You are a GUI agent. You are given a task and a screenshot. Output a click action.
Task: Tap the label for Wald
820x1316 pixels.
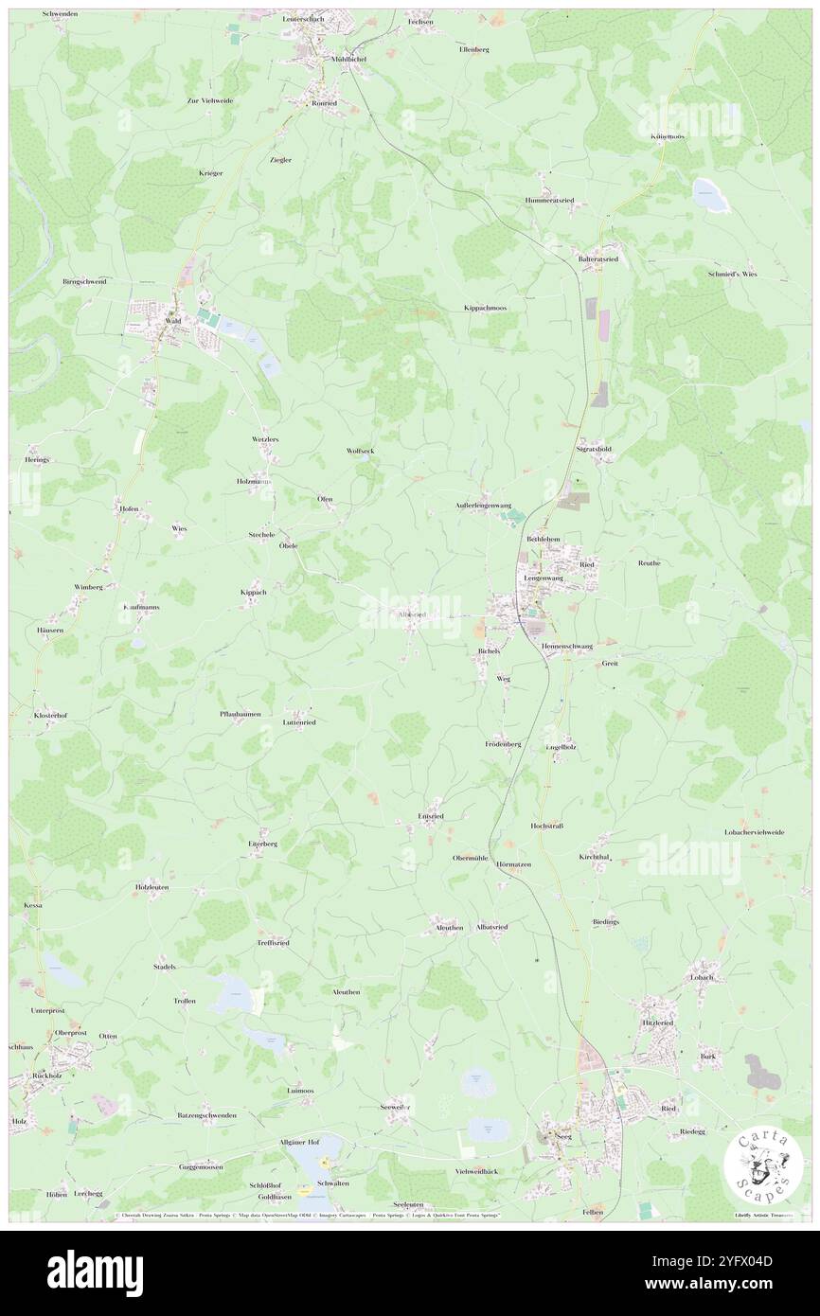[173, 321]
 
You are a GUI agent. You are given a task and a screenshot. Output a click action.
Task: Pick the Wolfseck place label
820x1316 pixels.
[360, 452]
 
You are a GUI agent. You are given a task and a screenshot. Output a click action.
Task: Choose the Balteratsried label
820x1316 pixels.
[598, 258]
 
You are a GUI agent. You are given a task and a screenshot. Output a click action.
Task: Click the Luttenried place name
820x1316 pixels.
[299, 721]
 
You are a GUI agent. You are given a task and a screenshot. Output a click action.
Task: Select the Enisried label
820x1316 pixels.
[430, 815]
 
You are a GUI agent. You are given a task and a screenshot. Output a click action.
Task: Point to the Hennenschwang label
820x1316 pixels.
[567, 646]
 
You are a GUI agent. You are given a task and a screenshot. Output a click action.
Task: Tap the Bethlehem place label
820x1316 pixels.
[544, 539]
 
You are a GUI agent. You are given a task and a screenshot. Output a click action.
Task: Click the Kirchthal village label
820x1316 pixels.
[595, 857]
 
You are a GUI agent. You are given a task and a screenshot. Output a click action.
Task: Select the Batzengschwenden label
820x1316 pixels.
[206, 1115]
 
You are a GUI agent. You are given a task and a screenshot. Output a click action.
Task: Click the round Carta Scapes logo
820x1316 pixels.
[763, 1164]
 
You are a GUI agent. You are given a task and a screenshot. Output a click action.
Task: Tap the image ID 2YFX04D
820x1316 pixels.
[740, 1261]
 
